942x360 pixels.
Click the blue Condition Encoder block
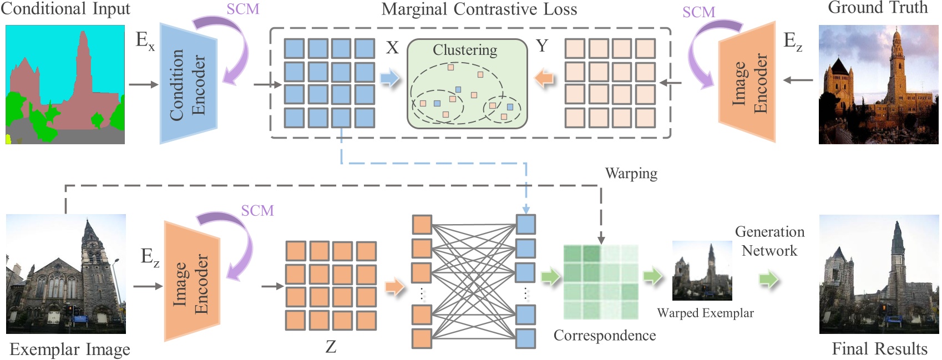coord(188,83)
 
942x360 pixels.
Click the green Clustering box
coord(467,84)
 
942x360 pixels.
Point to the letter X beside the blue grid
coord(392,48)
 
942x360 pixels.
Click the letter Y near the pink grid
coord(542,46)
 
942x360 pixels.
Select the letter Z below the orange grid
coord(331,347)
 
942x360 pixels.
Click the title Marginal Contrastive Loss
coord(479,9)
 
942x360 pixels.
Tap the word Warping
coord(631,174)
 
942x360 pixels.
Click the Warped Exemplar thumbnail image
coord(702,271)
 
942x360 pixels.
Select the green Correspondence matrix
coord(601,282)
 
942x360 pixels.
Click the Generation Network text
coord(769,241)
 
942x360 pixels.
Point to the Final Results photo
coord(879,275)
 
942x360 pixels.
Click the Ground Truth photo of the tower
coord(879,84)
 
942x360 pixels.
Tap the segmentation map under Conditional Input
coord(65,84)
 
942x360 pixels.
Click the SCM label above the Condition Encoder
coord(243,9)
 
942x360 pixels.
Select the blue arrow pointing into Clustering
coord(390,78)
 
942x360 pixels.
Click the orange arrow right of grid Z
coord(394,287)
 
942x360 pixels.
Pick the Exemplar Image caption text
coord(70,349)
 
